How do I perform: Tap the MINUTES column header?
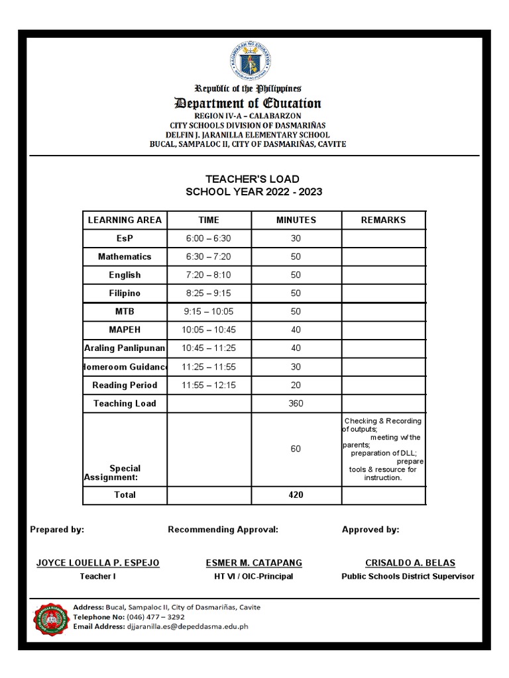[x=296, y=220]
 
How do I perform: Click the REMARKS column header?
[x=383, y=220]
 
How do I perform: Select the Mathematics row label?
[x=125, y=257]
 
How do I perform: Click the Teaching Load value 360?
[x=296, y=403]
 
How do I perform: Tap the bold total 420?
[x=296, y=495]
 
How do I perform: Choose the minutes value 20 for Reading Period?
[x=296, y=385]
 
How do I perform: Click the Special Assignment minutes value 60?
[x=296, y=449]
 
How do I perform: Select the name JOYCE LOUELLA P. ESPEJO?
[x=97, y=563]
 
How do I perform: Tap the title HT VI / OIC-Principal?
[x=254, y=577]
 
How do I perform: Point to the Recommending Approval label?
[x=223, y=530]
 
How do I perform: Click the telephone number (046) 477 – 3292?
[x=156, y=616]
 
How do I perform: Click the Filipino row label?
[x=125, y=293]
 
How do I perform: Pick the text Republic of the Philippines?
[x=247, y=89]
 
